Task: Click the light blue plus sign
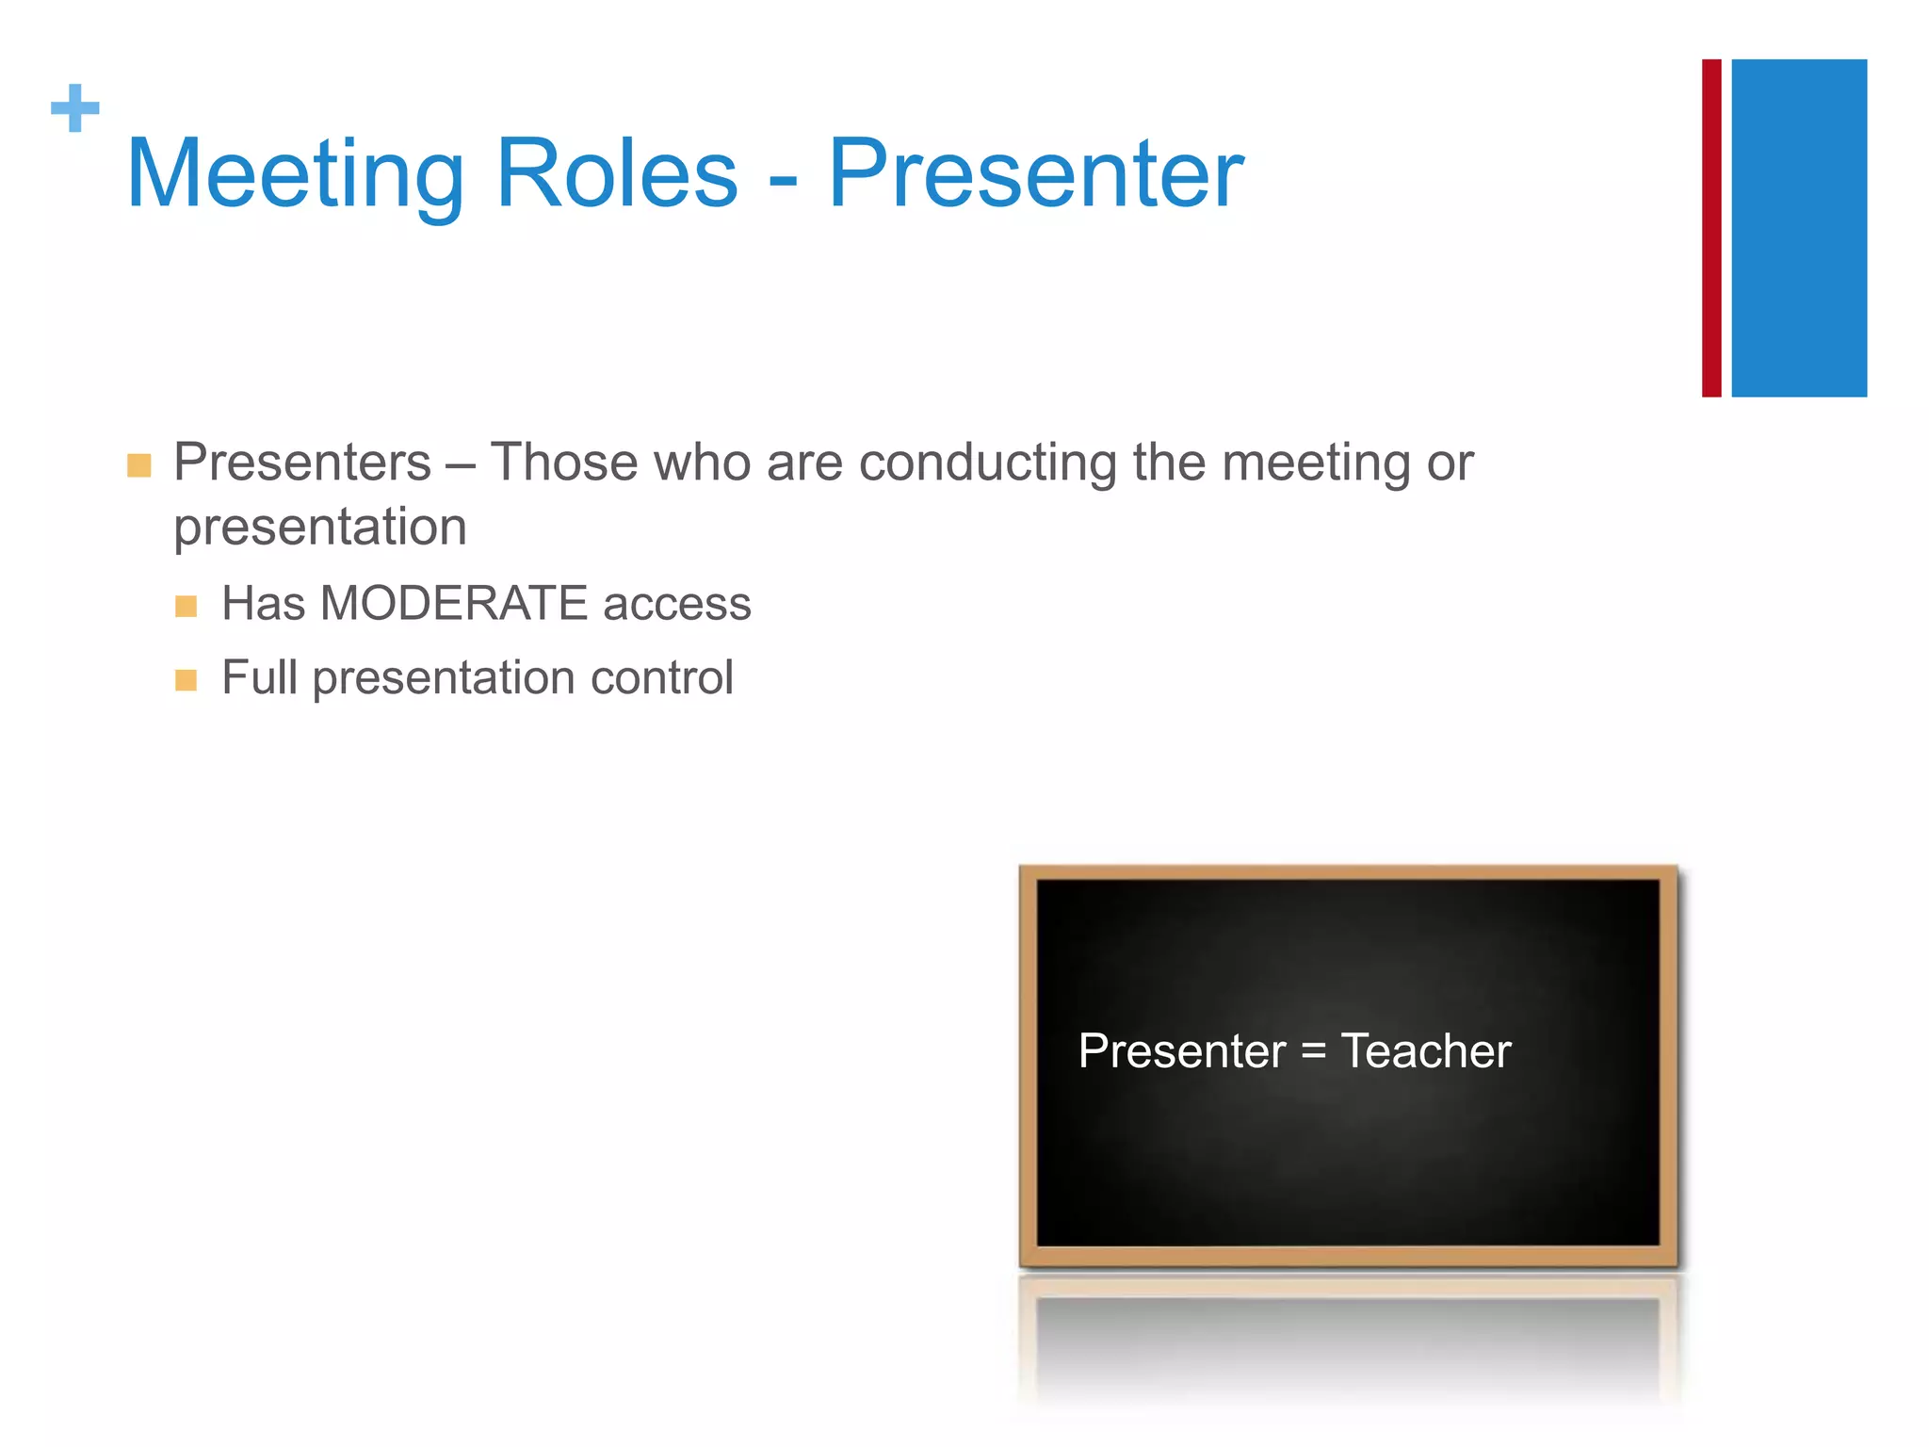point(75,108)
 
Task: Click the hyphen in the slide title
point(783,179)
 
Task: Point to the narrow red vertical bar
point(1710,228)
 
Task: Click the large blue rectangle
point(1798,228)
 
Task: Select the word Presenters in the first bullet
point(302,463)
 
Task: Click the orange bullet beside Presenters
point(139,465)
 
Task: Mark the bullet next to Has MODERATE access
point(186,606)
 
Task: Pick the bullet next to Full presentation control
point(186,680)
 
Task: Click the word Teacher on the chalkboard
point(1425,1050)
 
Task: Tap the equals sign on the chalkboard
point(1313,1052)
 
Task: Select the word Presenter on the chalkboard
point(1181,1050)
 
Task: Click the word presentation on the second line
point(320,528)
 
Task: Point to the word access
point(676,605)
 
